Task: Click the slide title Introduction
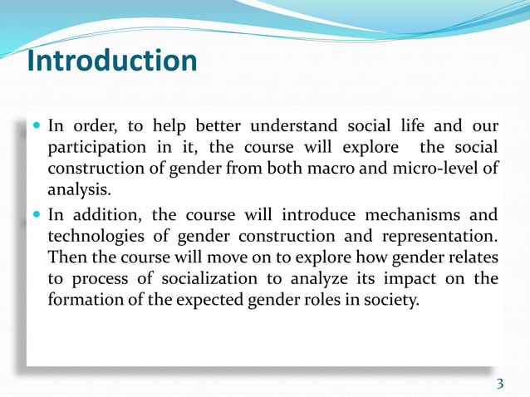tap(112, 61)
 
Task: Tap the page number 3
tap(499, 383)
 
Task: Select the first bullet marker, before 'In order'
tap(37, 127)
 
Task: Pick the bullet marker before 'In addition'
tap(37, 214)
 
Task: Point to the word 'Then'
tap(66, 257)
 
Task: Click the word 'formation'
tap(86, 300)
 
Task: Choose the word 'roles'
tap(322, 300)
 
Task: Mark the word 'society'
tap(391, 300)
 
